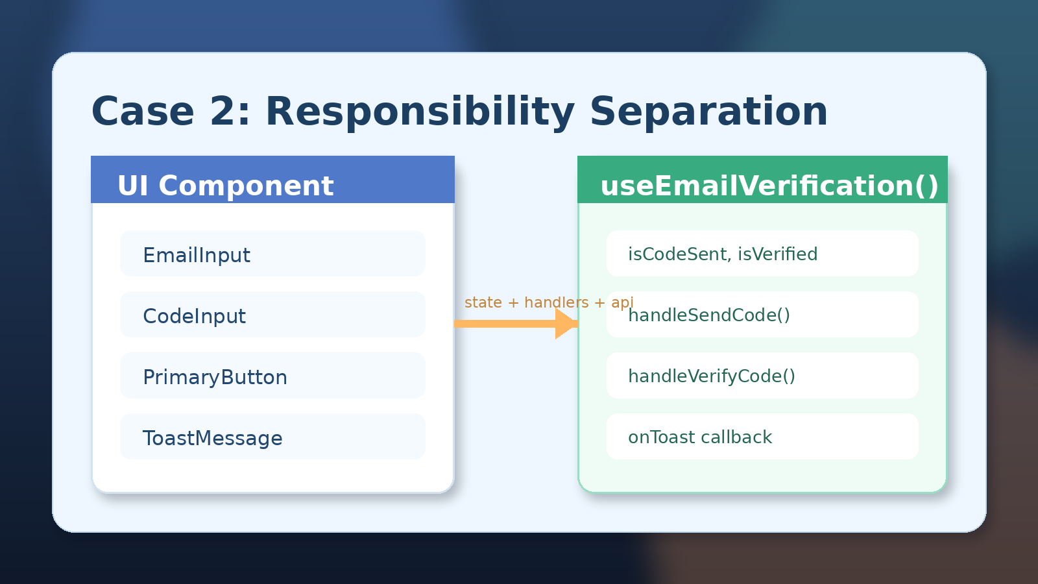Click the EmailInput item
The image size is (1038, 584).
coord(272,253)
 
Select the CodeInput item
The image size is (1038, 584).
coord(272,314)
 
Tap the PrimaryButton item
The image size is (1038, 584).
coord(272,375)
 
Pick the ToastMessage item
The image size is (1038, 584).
coord(272,436)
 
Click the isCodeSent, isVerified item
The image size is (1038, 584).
coord(762,253)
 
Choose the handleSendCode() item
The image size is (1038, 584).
coord(762,314)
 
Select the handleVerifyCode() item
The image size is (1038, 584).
coord(762,375)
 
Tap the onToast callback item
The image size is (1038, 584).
coord(762,436)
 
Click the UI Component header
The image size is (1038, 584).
coord(272,180)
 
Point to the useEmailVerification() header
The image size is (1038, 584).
coord(762,180)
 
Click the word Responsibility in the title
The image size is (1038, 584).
coord(420,112)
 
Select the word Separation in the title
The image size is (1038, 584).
coord(708,112)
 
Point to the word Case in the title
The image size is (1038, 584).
coord(143,112)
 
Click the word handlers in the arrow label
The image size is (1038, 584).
coord(557,302)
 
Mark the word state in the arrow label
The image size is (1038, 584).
coord(483,303)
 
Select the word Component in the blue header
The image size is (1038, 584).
coord(246,186)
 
